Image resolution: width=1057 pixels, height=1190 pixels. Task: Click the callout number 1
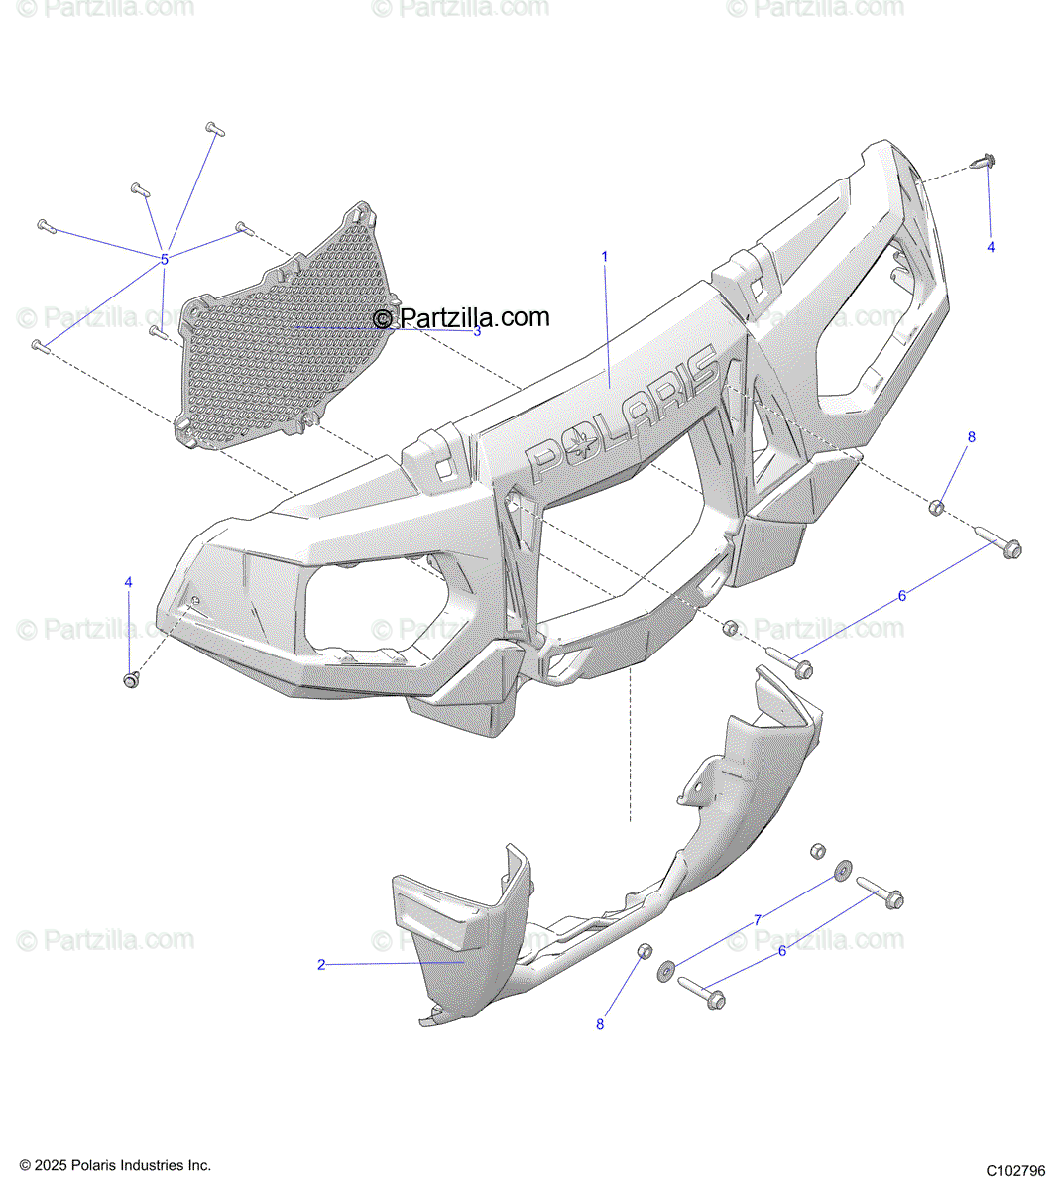click(605, 257)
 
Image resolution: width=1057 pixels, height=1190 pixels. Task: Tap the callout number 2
click(321, 964)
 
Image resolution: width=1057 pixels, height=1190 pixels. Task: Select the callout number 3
click(477, 331)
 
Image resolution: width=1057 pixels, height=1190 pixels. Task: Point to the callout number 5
click(165, 260)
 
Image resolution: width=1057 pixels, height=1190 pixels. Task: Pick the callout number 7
click(758, 920)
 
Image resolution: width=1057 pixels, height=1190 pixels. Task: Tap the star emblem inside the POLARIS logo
click(577, 443)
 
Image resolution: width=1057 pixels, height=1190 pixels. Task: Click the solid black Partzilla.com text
click(461, 317)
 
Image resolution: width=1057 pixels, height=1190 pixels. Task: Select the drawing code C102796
click(1015, 1170)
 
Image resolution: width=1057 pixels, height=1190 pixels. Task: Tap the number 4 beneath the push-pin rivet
click(991, 247)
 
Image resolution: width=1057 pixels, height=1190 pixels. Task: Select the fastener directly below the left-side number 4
click(130, 680)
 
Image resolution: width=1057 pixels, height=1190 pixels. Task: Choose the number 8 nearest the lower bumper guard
click(600, 1024)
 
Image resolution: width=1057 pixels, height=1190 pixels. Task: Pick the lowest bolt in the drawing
click(702, 993)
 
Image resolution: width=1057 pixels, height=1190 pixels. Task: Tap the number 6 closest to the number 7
click(782, 950)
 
